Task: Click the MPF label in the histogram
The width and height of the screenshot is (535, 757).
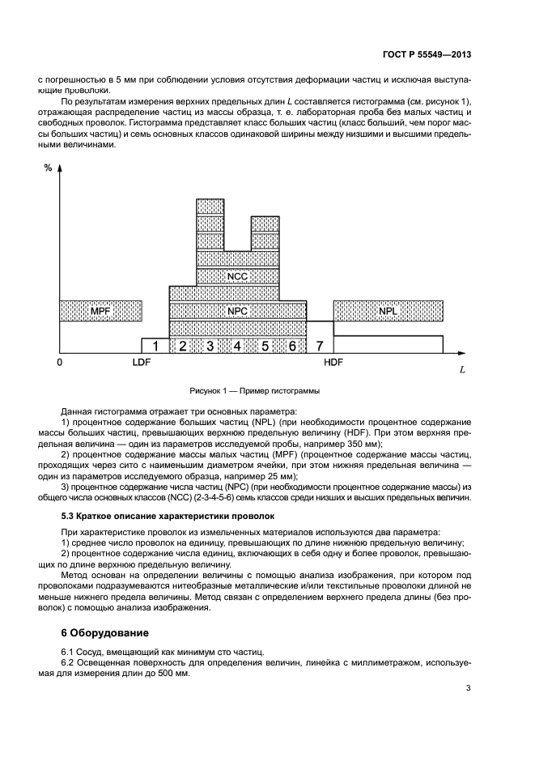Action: tap(100, 310)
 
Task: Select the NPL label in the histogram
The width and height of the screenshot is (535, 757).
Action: tap(388, 310)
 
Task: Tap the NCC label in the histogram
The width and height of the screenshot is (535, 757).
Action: tap(237, 275)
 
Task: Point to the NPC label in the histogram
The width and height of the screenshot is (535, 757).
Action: tap(237, 310)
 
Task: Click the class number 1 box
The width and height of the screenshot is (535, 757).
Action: tap(155, 346)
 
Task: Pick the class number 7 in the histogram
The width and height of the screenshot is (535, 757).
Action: tap(320, 346)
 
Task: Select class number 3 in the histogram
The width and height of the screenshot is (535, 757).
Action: tap(210, 346)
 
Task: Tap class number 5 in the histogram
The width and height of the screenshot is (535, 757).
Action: tap(265, 346)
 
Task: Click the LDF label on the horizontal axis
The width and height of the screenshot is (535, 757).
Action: tap(142, 363)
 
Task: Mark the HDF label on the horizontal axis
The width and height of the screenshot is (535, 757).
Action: tap(333, 363)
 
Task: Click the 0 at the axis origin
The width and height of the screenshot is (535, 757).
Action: tap(59, 363)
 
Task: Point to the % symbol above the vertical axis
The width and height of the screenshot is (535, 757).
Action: tap(48, 168)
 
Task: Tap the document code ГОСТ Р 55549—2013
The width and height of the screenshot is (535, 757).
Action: tap(427, 53)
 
